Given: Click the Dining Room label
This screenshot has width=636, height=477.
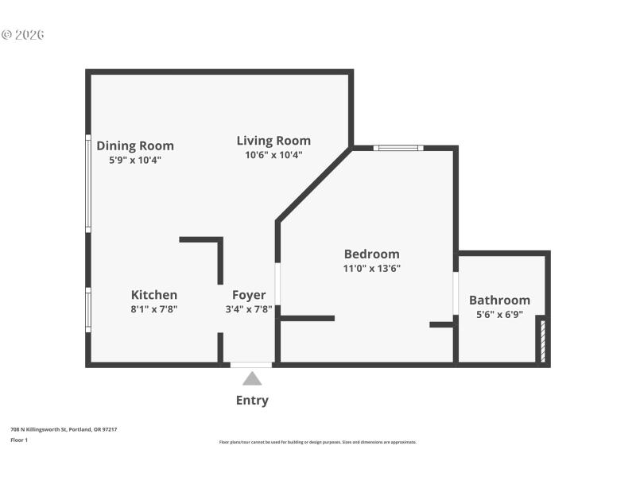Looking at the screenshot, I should [135, 145].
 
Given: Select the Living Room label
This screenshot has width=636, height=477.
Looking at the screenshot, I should [273, 141].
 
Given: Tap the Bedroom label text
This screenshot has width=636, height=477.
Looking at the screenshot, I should [371, 254].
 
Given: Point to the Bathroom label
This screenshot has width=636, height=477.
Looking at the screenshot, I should [499, 300].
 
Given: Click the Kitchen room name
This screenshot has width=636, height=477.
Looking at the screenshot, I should [154, 295].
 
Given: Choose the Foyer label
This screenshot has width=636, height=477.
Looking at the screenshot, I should [249, 295].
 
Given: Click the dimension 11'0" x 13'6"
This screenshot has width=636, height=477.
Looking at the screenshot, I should [371, 269].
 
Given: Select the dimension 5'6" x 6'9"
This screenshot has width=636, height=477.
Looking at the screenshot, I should [499, 314].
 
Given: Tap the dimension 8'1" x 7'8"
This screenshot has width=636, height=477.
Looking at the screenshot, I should [154, 309].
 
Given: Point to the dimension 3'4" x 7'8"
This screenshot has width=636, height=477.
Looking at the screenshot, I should [249, 309].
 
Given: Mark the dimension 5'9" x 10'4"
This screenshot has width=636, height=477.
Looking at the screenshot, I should [135, 160].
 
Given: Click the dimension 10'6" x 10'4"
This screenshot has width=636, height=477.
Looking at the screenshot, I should [273, 155].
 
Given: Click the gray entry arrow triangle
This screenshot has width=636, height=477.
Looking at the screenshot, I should [252, 378].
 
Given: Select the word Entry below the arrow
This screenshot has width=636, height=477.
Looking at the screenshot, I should [252, 401].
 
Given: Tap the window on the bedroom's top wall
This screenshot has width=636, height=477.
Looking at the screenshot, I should [398, 147].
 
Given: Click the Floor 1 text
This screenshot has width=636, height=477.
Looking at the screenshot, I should [19, 440].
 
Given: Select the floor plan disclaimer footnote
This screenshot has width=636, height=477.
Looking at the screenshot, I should [317, 442].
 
